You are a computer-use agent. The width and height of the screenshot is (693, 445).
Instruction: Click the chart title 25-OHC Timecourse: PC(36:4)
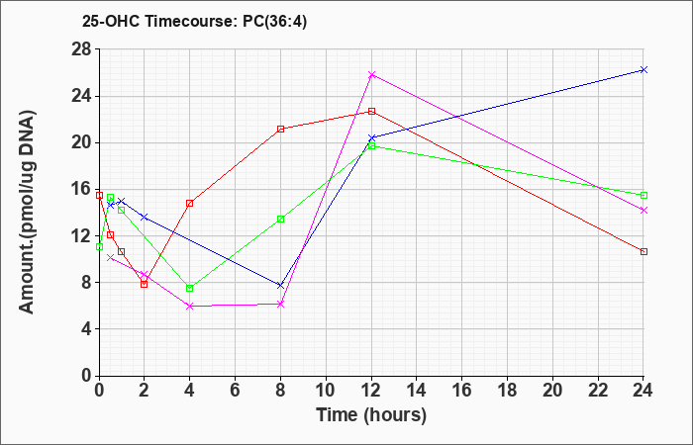pyautogui.click(x=194, y=21)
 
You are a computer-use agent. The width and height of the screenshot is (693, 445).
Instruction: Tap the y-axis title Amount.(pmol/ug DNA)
pyautogui.click(x=27, y=212)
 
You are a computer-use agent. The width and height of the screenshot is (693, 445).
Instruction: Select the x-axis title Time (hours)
pyautogui.click(x=371, y=415)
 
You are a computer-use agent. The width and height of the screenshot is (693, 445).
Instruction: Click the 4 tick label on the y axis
pyautogui.click(x=87, y=329)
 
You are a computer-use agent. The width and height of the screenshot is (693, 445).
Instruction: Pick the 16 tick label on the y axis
pyautogui.click(x=82, y=190)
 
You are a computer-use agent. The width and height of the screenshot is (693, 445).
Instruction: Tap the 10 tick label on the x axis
pyautogui.click(x=326, y=390)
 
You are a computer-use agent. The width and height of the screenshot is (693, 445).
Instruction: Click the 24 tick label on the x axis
pyautogui.click(x=643, y=390)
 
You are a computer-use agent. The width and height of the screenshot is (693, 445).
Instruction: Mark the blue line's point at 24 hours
pyautogui.click(x=643, y=70)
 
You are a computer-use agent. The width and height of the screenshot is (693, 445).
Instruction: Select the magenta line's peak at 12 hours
pyautogui.click(x=371, y=74)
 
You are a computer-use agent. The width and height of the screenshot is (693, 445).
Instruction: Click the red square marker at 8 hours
pyautogui.click(x=280, y=129)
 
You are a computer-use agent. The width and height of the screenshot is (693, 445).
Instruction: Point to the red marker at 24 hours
pyautogui.click(x=643, y=251)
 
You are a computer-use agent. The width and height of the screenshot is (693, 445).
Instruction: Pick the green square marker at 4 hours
pyautogui.click(x=190, y=289)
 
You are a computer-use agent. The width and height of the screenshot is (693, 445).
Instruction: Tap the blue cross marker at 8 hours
pyautogui.click(x=280, y=286)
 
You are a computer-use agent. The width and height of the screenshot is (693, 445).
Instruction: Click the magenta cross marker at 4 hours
pyautogui.click(x=190, y=306)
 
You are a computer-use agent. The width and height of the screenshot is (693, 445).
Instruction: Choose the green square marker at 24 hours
pyautogui.click(x=643, y=195)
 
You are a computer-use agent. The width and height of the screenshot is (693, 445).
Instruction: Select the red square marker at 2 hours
pyautogui.click(x=145, y=284)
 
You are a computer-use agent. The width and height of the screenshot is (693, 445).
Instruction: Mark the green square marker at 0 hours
pyautogui.click(x=99, y=247)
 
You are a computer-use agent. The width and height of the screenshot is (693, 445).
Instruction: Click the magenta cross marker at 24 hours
pyautogui.click(x=643, y=210)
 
